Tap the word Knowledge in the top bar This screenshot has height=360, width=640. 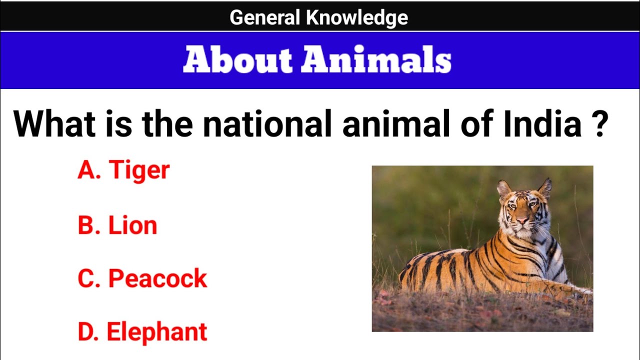357,18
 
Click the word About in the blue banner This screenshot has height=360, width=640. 237,60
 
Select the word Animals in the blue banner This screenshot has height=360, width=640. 376,60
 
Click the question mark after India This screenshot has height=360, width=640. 599,125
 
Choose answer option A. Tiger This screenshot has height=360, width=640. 123,170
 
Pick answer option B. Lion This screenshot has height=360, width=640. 117,225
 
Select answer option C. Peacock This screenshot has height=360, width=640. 142,278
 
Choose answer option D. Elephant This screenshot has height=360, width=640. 142,332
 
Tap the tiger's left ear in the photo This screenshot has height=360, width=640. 503,189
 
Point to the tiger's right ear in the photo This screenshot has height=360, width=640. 545,188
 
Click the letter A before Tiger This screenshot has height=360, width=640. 85,170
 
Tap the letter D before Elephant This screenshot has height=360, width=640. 85,332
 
